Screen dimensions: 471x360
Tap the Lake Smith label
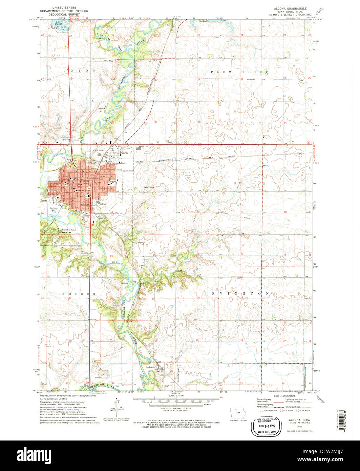59,23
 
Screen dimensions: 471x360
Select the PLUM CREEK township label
240,72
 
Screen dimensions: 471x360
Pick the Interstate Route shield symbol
262,410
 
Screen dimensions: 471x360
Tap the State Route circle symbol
298,410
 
